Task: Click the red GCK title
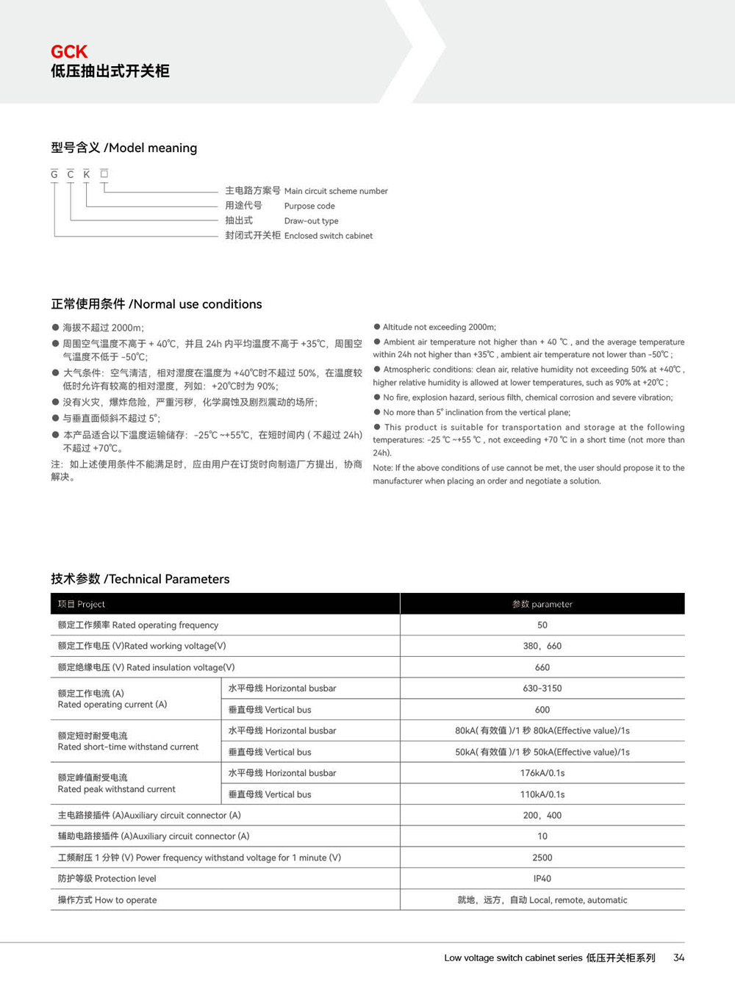click(x=69, y=51)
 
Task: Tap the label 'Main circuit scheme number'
click(x=336, y=191)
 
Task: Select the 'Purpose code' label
click(x=309, y=206)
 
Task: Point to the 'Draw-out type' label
click(x=311, y=221)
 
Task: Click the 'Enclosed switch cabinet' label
click(x=328, y=236)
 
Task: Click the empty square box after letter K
click(x=104, y=173)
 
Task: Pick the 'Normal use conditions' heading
click(x=156, y=304)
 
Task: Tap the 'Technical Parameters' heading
click(x=140, y=579)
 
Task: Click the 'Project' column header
click(x=82, y=604)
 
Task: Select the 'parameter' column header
click(x=542, y=604)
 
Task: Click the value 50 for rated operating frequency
click(x=542, y=625)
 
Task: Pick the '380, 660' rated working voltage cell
click(x=542, y=647)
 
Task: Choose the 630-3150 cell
click(x=542, y=689)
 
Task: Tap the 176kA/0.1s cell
click(x=542, y=773)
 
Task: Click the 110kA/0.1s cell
click(x=542, y=794)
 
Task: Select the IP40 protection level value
click(x=542, y=879)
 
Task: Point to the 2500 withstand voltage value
click(x=542, y=858)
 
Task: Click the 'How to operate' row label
click(x=107, y=900)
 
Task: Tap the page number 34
click(x=678, y=957)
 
